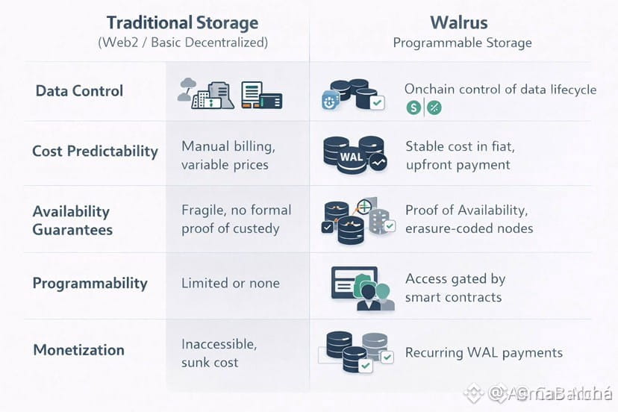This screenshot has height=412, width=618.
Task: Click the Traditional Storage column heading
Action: (182, 23)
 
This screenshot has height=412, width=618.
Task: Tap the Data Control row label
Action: (79, 91)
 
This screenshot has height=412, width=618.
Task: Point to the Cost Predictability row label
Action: (95, 151)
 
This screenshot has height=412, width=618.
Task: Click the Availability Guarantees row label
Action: (72, 220)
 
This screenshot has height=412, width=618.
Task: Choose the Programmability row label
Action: (90, 284)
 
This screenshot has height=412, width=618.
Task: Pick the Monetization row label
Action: (78, 349)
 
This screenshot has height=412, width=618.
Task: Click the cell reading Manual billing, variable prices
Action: (225, 154)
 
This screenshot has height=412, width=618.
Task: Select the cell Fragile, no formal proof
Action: (236, 219)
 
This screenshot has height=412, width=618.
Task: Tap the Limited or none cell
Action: (231, 284)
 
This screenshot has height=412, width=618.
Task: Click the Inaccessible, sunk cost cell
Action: (219, 353)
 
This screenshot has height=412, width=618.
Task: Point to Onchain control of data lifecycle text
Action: (500, 90)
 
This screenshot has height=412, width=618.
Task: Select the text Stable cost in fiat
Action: (460, 146)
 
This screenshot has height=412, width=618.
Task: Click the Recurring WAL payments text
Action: (484, 352)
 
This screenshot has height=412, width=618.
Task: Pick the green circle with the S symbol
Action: (413, 108)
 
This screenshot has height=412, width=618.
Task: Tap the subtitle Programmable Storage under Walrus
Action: (462, 43)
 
